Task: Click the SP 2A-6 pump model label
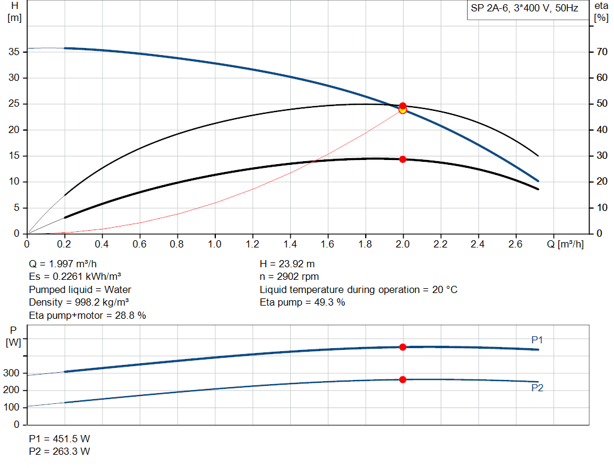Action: pyautogui.click(x=525, y=9)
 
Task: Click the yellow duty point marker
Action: pyautogui.click(x=403, y=110)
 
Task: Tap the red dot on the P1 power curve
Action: pyautogui.click(x=403, y=347)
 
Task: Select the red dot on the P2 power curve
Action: pyautogui.click(x=403, y=379)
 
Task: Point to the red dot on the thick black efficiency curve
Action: pyautogui.click(x=403, y=159)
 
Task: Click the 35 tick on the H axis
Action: pyautogui.click(x=14, y=52)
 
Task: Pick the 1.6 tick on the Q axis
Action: pyautogui.click(x=328, y=244)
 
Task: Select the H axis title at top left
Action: pyautogui.click(x=14, y=11)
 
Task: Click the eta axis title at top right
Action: pyautogui.click(x=601, y=11)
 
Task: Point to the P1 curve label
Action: pyautogui.click(x=537, y=340)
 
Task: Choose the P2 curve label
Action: pyautogui.click(x=537, y=388)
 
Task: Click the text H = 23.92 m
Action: pyautogui.click(x=287, y=264)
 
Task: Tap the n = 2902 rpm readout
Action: pyautogui.click(x=289, y=277)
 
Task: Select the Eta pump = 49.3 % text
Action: pyautogui.click(x=302, y=302)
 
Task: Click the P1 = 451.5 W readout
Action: pyautogui.click(x=59, y=438)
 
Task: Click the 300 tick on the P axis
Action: pyautogui.click(x=14, y=373)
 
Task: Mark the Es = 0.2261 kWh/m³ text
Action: pyautogui.click(x=75, y=277)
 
